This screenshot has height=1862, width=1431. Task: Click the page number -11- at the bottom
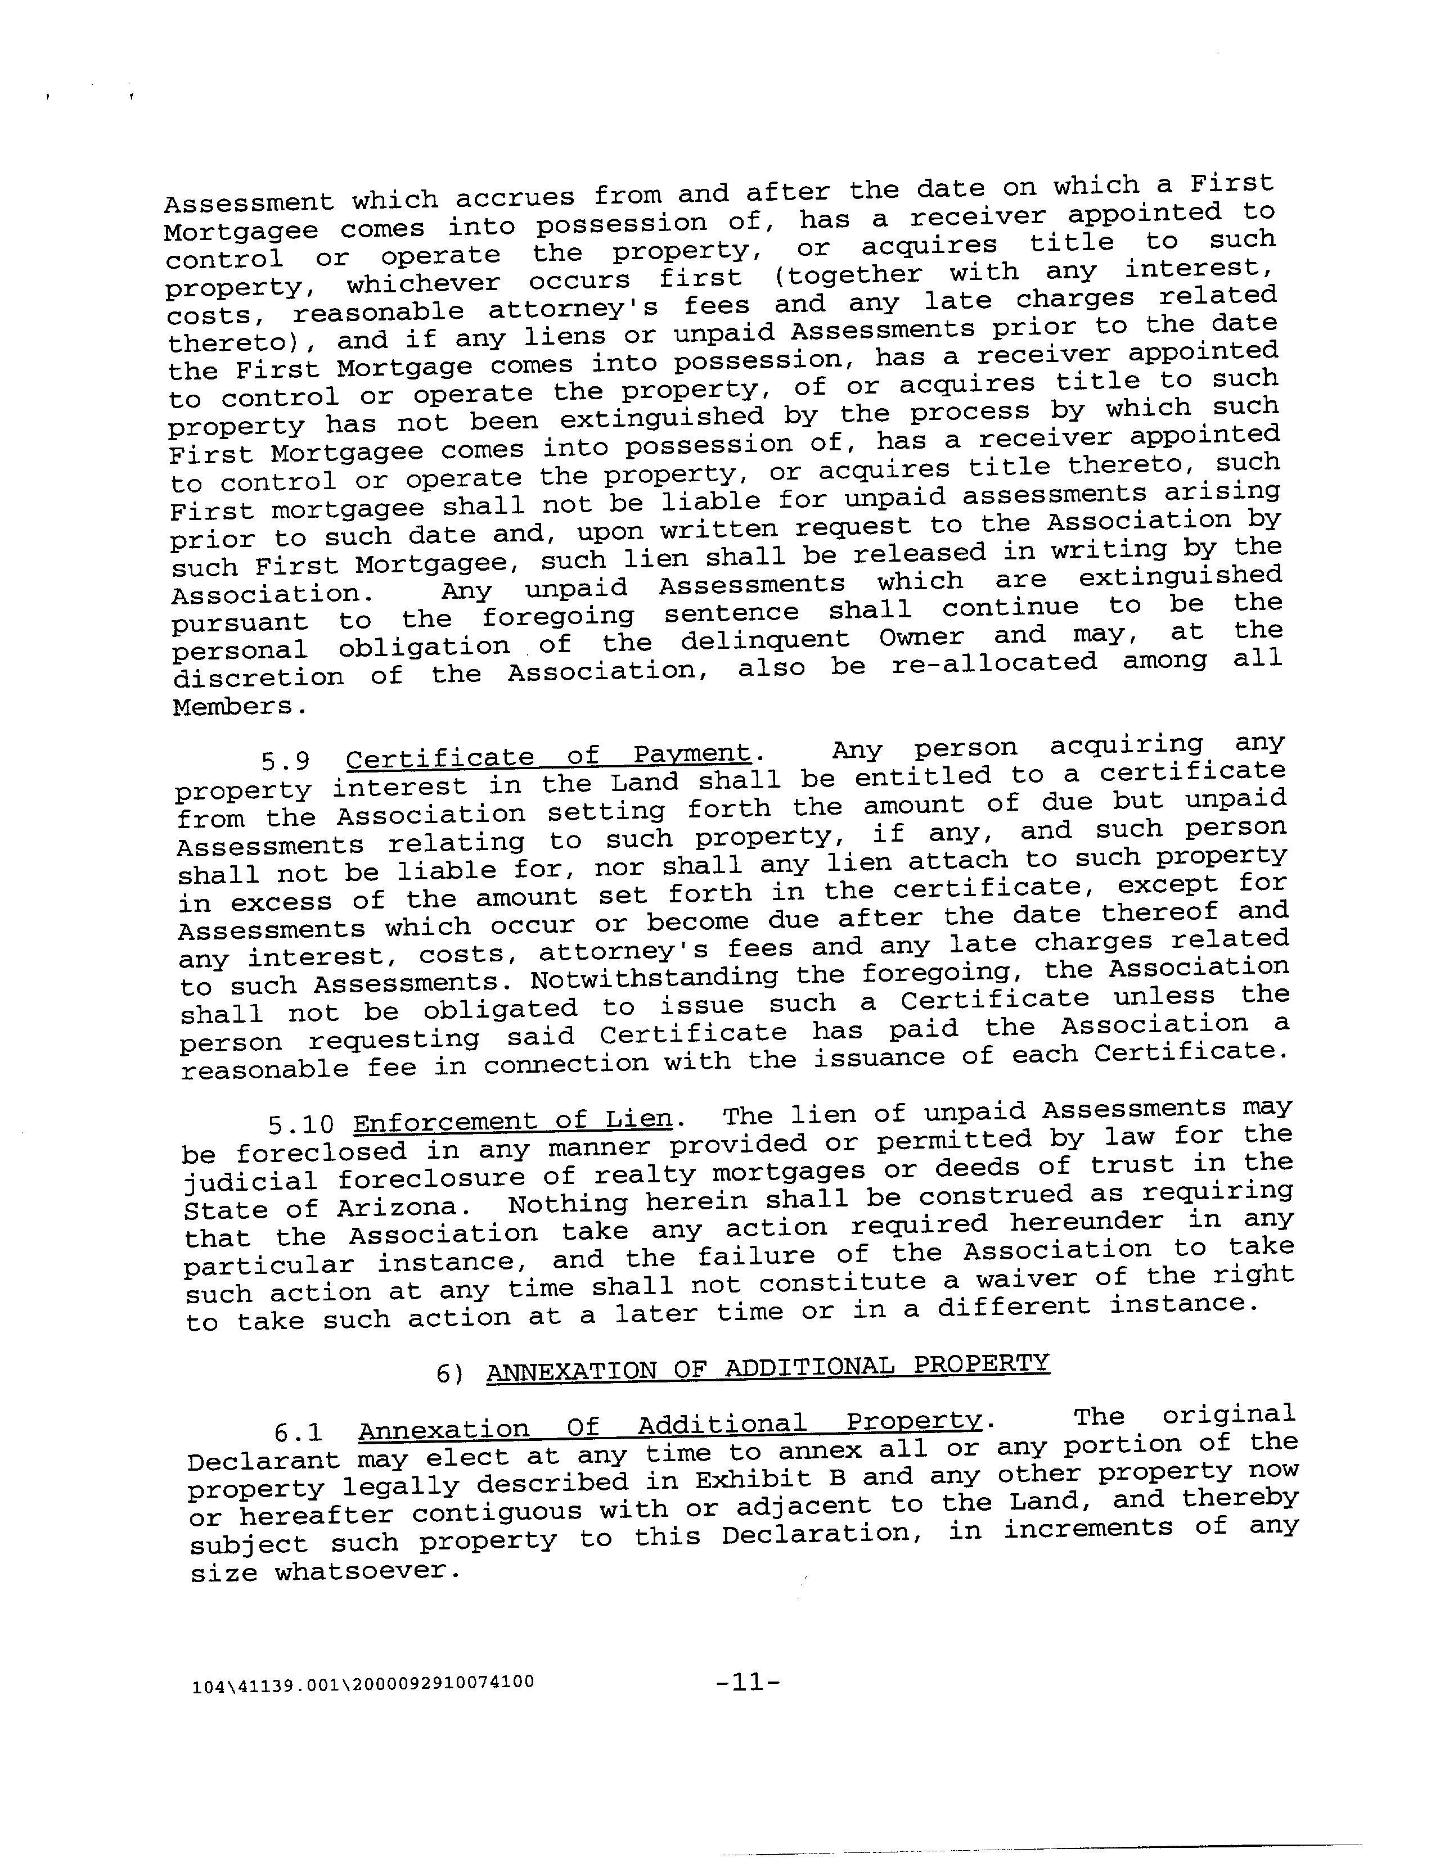pyautogui.click(x=748, y=1682)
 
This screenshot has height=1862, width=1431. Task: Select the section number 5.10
pyautogui.click(x=300, y=1125)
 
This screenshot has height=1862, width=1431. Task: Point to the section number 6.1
pyautogui.click(x=299, y=1431)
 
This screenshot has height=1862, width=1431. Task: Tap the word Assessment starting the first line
pyautogui.click(x=248, y=202)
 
